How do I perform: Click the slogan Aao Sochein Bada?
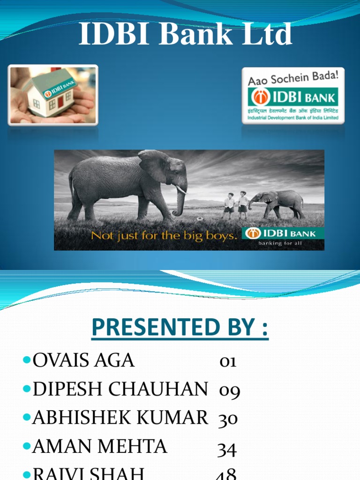(x=293, y=77)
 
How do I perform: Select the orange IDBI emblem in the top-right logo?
(x=260, y=97)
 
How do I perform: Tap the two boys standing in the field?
(x=236, y=205)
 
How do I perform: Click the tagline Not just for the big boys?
(x=163, y=235)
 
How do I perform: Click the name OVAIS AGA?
(x=83, y=360)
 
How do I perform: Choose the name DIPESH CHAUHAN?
(x=120, y=389)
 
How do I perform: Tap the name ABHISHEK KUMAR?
(x=120, y=417)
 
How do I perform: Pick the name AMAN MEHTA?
(x=99, y=446)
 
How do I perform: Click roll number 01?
(x=228, y=361)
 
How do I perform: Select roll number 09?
(x=229, y=390)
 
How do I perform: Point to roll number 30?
(x=228, y=418)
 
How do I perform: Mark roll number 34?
(x=227, y=450)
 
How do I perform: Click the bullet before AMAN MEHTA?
(x=26, y=446)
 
